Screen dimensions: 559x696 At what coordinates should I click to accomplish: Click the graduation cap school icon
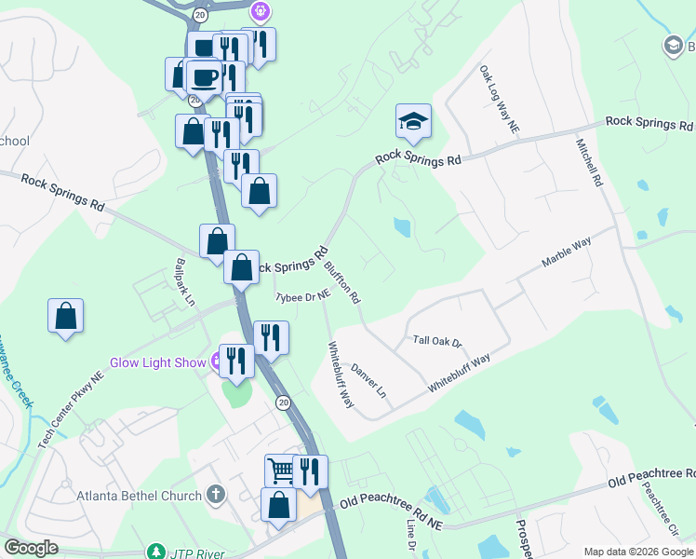[413, 121]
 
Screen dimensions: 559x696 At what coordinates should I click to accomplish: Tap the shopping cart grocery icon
[281, 470]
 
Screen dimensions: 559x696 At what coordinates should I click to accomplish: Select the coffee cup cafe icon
[204, 76]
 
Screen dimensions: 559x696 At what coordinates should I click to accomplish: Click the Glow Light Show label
[158, 362]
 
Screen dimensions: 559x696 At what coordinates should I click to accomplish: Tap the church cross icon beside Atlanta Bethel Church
[216, 495]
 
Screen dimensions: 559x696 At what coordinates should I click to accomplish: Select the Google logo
[31, 548]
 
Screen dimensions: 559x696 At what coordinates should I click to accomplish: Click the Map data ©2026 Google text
[637, 552]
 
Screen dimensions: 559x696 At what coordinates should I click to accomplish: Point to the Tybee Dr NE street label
[302, 296]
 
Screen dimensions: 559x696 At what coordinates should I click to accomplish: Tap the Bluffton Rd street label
[341, 283]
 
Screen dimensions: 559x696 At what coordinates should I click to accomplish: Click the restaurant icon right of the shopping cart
[309, 470]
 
